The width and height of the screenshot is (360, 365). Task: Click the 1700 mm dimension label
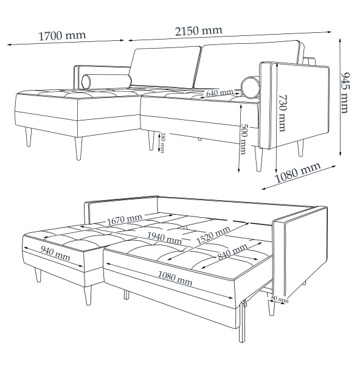tap(62, 36)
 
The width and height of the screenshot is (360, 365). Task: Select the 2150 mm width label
tap(198, 31)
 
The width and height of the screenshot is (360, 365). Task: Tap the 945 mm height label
tap(345, 92)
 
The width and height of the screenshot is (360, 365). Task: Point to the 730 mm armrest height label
tap(282, 113)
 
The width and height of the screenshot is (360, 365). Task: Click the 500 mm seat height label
tap(243, 139)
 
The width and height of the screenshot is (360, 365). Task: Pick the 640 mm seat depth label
tap(220, 93)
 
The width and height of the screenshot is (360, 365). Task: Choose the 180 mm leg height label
tap(162, 143)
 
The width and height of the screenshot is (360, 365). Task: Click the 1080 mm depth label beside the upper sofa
tap(298, 173)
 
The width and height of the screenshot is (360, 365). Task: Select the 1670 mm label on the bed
tap(124, 219)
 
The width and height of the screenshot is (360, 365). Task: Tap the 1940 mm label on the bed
tap(164, 238)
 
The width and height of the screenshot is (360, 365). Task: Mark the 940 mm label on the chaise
tap(55, 253)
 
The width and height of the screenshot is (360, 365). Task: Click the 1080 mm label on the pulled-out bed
tap(175, 279)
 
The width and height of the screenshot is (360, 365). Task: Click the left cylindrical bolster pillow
tap(106, 82)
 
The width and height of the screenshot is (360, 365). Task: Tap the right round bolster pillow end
tap(251, 87)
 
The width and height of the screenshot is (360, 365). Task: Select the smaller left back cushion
tap(165, 68)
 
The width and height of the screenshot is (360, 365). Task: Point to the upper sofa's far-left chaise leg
tap(29, 137)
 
